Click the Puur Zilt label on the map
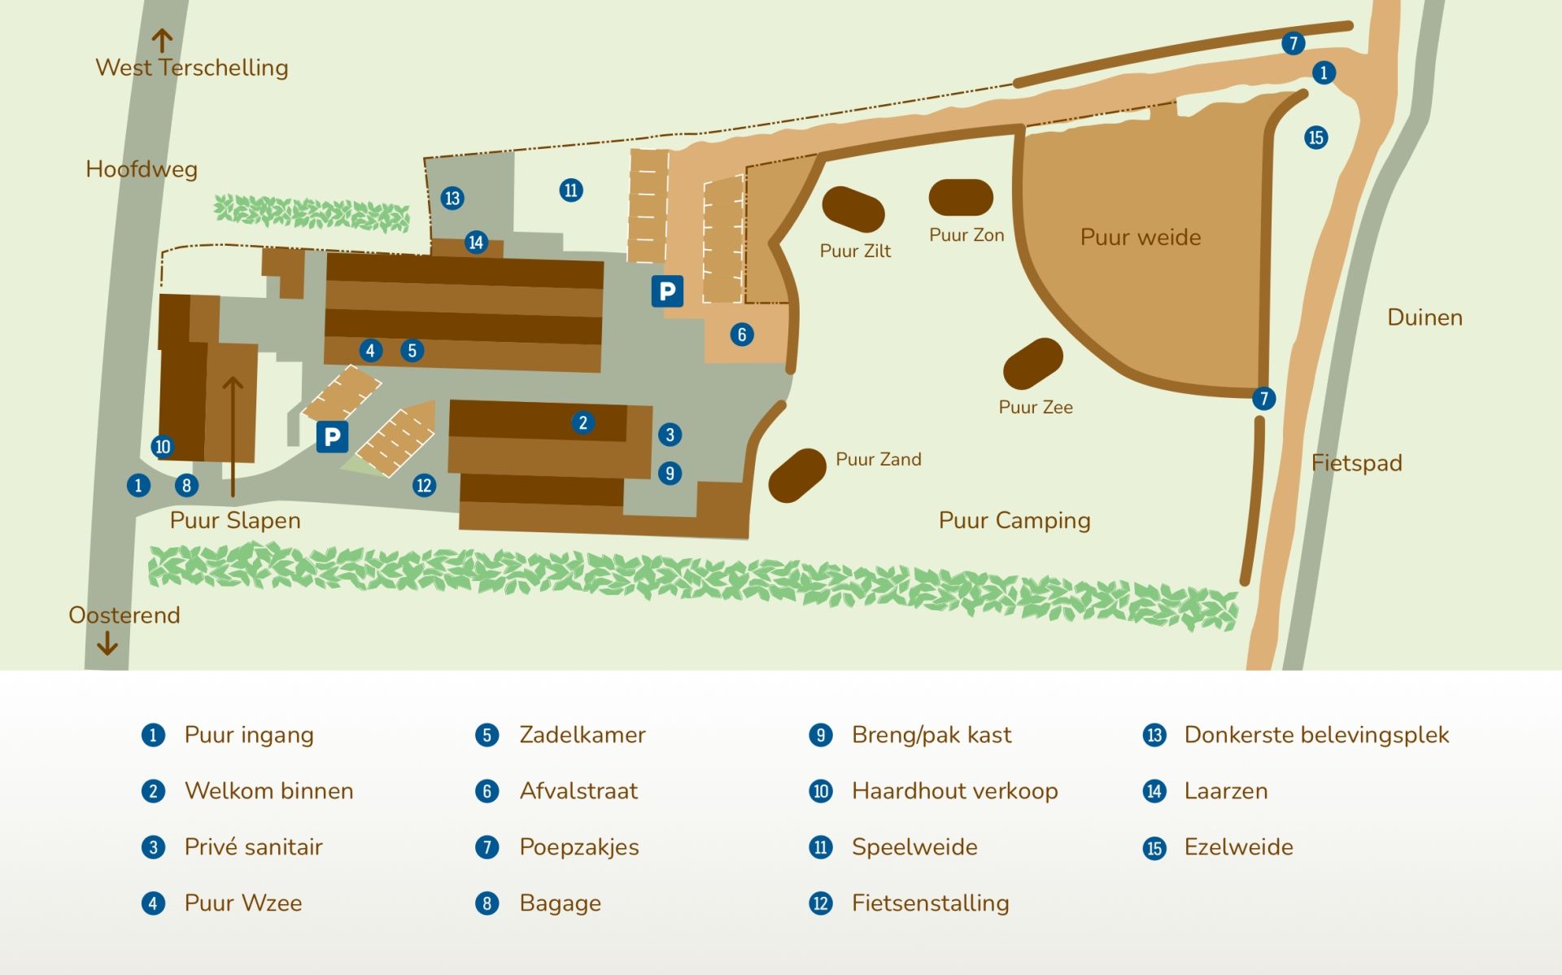(x=855, y=251)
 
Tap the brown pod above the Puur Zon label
(x=961, y=198)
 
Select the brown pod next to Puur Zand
(x=797, y=475)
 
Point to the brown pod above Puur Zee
(x=1033, y=363)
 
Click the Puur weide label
(x=1141, y=237)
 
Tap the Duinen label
(x=1425, y=317)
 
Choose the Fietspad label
(x=1356, y=463)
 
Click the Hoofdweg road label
(x=142, y=169)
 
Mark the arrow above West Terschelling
(x=163, y=40)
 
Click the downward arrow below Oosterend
(x=107, y=645)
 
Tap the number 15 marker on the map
(x=1315, y=138)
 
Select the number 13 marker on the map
(x=452, y=198)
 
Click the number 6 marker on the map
(x=741, y=334)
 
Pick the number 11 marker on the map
(x=571, y=190)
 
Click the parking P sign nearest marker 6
(x=667, y=291)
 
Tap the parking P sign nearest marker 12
(x=332, y=437)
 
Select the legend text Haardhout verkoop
(x=954, y=791)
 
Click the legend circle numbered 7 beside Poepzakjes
(x=486, y=847)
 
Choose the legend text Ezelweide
(x=1238, y=847)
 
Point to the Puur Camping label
(x=1014, y=520)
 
